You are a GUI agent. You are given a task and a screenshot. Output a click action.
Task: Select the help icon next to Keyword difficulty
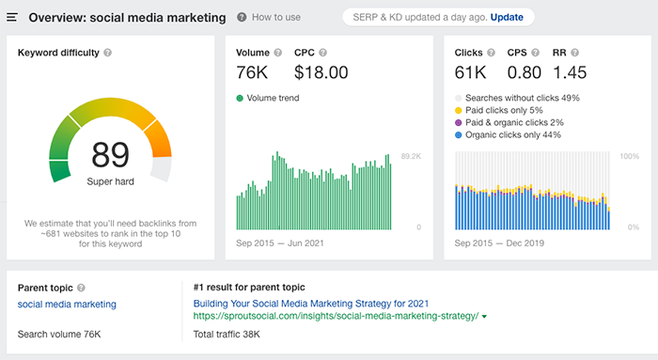(108, 54)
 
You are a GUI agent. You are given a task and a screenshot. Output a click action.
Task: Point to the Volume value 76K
(252, 72)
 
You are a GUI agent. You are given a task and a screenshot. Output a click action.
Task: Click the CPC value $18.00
(321, 72)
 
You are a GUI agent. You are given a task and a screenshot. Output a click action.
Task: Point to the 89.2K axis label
(411, 156)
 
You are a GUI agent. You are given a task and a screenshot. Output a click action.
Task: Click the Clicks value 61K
(471, 72)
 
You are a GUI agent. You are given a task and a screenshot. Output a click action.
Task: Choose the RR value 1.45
(571, 72)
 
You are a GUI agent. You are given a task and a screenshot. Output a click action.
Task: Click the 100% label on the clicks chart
(629, 156)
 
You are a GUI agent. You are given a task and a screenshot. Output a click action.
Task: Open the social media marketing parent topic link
(67, 305)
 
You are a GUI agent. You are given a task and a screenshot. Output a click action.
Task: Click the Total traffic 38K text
(227, 335)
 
